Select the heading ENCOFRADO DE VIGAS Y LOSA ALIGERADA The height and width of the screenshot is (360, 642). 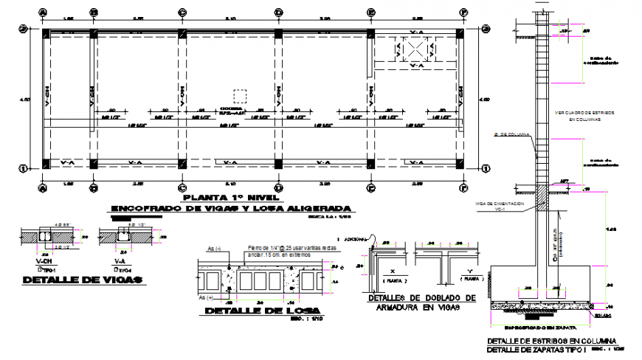tap(229, 209)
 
